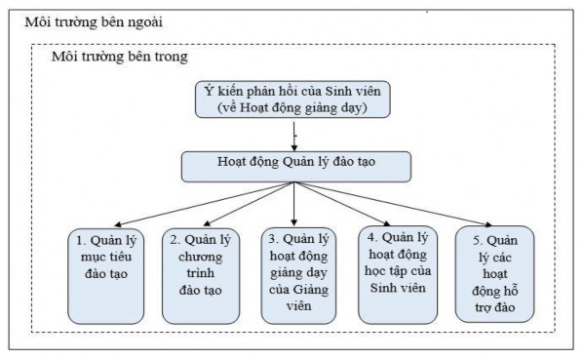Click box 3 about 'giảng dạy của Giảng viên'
pos(296,274)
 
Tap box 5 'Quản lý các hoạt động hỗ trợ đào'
pos(488,274)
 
